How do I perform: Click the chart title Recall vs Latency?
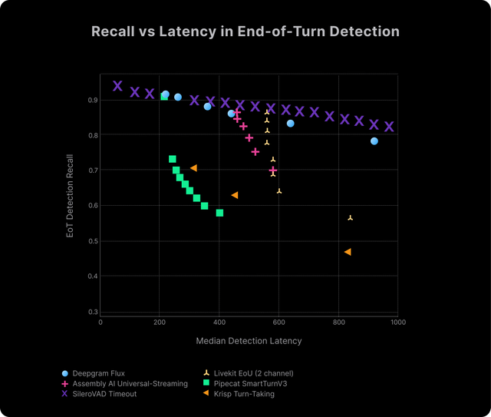[245, 31]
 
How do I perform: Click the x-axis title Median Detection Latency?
[249, 340]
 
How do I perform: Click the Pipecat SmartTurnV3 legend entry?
[248, 383]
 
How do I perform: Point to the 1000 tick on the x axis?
[397, 323]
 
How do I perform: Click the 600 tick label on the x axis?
[278, 323]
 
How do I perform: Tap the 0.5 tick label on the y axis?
[92, 240]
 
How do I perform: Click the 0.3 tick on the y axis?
[92, 311]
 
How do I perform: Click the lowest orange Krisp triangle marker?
[348, 252]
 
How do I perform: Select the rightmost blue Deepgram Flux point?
[374, 141]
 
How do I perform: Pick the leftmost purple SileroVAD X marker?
[117, 86]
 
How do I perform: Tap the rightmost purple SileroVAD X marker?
[389, 127]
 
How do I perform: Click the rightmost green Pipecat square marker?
[219, 213]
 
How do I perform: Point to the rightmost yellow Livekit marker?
[351, 218]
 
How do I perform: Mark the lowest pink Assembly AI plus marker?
[273, 170]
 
